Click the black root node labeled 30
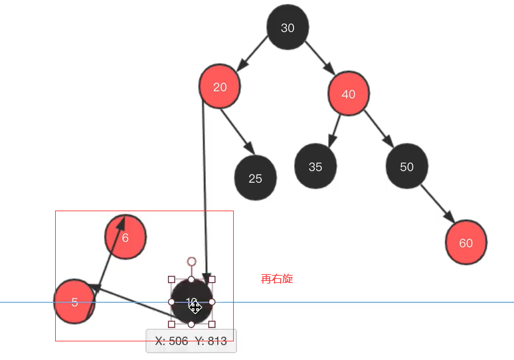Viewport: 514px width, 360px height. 288,27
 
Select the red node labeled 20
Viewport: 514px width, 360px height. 219,86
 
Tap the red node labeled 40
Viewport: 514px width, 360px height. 349,94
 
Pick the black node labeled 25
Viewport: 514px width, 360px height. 256,178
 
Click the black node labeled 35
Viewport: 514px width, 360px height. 315,166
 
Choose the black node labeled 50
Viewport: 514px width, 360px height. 407,166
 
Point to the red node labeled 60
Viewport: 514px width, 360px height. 466,242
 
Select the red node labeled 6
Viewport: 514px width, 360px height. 126,236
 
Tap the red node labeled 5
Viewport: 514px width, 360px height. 74,302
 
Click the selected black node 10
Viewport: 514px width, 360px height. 192,302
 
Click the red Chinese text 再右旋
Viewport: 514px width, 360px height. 277,279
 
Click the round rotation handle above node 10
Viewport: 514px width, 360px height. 192,262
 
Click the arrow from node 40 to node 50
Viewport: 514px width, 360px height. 378,128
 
